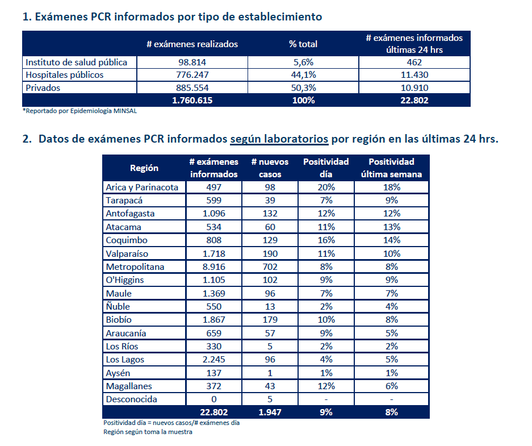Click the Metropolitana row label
135,267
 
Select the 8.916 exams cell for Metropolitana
213,267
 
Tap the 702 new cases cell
270,267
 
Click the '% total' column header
303,44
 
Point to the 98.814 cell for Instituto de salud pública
192,62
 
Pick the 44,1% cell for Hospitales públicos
303,75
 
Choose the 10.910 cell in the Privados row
414,88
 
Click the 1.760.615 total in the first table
192,101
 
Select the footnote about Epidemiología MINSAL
79,111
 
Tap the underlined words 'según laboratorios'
279,139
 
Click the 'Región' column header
144,168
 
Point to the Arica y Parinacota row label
142,187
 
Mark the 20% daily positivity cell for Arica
326,187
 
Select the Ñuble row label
118,306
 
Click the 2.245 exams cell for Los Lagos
213,360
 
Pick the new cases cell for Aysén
270,373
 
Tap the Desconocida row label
131,399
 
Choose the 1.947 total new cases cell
270,412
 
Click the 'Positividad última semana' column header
391,168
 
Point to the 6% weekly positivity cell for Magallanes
391,386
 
